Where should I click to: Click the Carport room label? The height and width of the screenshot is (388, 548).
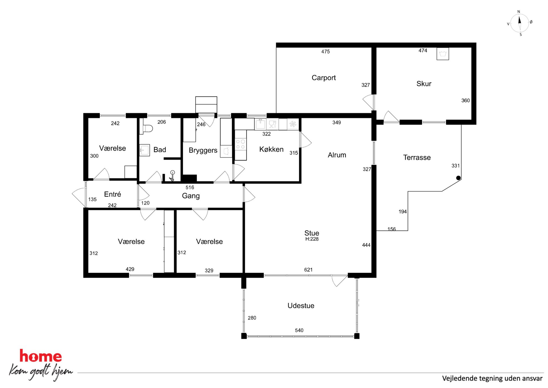(324, 78)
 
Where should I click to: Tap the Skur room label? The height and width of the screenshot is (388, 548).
(424, 84)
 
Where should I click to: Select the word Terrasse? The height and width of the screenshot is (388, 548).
(417, 157)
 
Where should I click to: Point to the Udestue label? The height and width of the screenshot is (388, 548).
(301, 306)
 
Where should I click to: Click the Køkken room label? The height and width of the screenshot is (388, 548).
(271, 149)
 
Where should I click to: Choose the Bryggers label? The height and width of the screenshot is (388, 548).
(203, 150)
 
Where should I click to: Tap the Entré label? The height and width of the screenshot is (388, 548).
(112, 194)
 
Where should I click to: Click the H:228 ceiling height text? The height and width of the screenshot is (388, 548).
(312, 239)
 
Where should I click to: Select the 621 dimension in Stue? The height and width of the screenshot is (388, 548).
(308, 270)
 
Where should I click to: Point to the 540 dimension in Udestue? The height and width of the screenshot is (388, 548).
(299, 330)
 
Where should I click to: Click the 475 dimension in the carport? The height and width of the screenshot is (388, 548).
(325, 51)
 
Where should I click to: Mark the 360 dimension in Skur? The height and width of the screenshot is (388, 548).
(465, 100)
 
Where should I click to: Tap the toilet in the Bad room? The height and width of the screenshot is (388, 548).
(147, 129)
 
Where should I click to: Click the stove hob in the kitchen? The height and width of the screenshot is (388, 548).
(240, 144)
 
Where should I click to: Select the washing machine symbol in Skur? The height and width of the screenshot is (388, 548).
(443, 54)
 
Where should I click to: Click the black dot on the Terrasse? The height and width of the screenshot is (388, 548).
(458, 178)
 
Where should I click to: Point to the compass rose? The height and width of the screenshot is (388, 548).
(520, 23)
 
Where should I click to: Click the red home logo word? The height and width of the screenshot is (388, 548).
(41, 356)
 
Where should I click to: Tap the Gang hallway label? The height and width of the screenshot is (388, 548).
(191, 196)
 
